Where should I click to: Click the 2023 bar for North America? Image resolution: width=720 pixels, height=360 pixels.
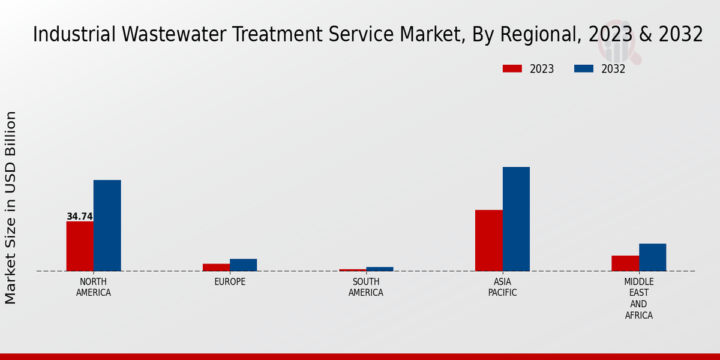click(x=80, y=246)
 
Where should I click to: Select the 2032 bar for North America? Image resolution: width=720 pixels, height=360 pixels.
click(x=107, y=226)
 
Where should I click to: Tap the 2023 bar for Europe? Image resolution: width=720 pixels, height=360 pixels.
click(x=216, y=267)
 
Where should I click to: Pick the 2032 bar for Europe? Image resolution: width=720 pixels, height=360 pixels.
click(x=243, y=265)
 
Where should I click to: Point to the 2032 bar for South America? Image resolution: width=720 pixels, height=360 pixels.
click(x=379, y=269)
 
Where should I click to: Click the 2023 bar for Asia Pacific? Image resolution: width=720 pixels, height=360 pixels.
click(x=488, y=240)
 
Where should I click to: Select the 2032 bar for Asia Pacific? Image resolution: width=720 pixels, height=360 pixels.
click(x=516, y=219)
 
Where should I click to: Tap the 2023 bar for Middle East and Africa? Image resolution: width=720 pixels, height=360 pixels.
click(x=625, y=263)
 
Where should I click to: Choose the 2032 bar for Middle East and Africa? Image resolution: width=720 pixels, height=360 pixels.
click(x=652, y=257)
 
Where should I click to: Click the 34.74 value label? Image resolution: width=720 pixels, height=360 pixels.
click(x=79, y=217)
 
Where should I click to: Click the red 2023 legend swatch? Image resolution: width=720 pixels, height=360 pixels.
click(x=512, y=69)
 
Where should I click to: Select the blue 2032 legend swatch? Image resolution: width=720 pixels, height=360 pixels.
click(x=583, y=69)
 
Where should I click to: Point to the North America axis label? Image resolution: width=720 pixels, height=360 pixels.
click(x=94, y=287)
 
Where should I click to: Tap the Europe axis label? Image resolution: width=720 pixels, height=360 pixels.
click(x=230, y=282)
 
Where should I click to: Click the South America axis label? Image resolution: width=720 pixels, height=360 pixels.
click(x=366, y=287)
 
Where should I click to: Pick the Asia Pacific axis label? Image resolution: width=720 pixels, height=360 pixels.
click(x=502, y=287)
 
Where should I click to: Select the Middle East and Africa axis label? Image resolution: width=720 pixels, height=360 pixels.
click(x=638, y=298)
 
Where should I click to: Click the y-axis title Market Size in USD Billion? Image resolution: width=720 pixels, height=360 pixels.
click(x=11, y=207)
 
